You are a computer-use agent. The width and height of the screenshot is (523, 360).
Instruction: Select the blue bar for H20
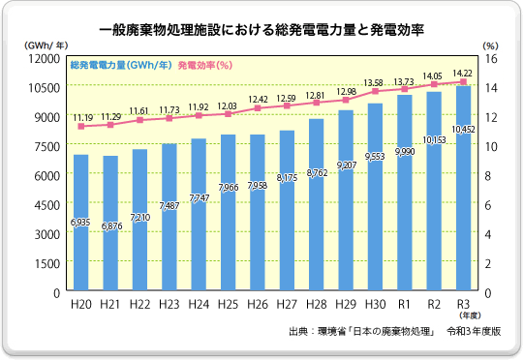pos(81,223)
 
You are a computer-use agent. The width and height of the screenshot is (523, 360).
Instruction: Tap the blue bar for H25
pos(228,213)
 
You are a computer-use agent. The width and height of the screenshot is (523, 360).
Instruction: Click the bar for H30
pos(375,197)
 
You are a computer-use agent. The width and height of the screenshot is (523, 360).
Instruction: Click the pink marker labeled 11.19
pos(81,127)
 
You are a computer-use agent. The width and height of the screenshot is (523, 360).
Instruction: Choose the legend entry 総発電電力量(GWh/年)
pos(122,65)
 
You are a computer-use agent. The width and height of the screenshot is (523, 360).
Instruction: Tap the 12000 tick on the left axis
pos(45,58)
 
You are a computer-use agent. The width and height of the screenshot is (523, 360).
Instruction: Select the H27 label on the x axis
pos(287,305)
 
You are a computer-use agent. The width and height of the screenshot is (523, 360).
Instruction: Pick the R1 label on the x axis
pos(404,305)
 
